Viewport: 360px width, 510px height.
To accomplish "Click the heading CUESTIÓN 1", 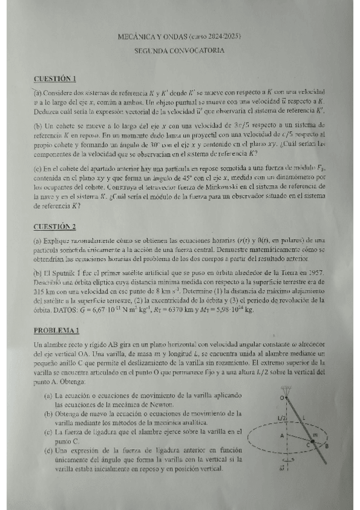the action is pos(55,78).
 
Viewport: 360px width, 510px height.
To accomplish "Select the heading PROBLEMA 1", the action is pos(56,330).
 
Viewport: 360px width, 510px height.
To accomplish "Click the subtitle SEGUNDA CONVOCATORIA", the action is pos(180,51).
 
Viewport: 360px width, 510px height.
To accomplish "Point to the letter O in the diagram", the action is pos(281,398).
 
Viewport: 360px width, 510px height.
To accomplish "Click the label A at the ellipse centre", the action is pos(282,435).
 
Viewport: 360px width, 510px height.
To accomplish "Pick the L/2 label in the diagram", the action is pos(281,417).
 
